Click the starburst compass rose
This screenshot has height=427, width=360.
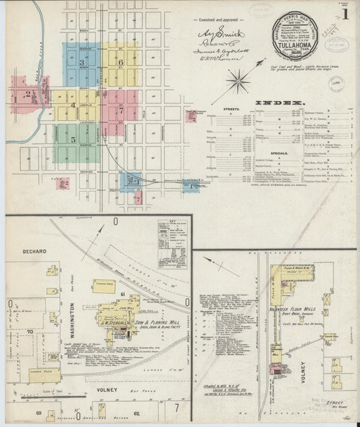(239, 83)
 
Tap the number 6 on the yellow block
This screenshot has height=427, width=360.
(120, 62)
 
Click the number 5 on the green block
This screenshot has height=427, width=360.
(73, 139)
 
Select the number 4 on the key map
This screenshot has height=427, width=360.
(73, 105)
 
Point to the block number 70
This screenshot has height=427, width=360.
(29, 332)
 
